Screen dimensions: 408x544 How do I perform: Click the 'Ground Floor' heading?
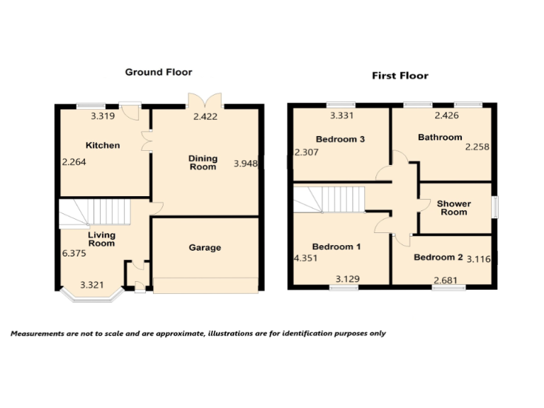click(x=159, y=72)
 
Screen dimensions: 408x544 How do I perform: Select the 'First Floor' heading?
click(x=400, y=76)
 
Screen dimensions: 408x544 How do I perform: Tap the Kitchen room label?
click(x=103, y=146)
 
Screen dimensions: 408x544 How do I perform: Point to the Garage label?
click(x=205, y=248)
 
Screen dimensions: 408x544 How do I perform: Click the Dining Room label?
click(x=203, y=163)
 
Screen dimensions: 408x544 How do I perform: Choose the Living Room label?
click(x=101, y=239)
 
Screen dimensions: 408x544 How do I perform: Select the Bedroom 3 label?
click(x=340, y=140)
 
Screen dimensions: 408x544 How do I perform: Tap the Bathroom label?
click(x=440, y=137)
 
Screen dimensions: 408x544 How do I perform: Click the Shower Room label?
click(x=453, y=208)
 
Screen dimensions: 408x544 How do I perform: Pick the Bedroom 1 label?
click(x=336, y=247)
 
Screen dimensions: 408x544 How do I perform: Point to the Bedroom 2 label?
click(x=438, y=257)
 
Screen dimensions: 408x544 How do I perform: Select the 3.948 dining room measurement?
click(x=245, y=164)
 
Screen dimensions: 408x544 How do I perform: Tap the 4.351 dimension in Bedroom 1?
click(x=306, y=259)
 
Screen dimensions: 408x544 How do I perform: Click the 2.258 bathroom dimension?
click(x=477, y=147)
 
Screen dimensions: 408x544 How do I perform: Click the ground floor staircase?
click(x=94, y=210)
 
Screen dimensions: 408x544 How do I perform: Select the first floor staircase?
click(x=329, y=199)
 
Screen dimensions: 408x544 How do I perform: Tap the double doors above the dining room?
click(x=205, y=100)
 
